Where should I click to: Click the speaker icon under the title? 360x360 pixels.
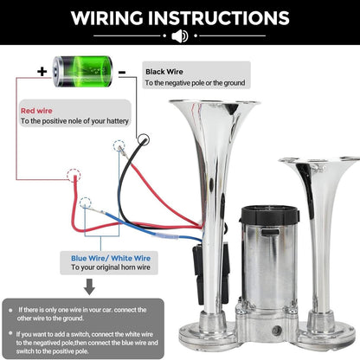(x=180, y=37)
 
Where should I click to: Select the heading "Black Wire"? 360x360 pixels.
(x=164, y=72)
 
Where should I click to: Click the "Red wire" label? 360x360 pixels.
(x=37, y=111)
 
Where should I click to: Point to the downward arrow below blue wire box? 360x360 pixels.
(x=87, y=288)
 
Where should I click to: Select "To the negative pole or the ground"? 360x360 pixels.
(x=195, y=83)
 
